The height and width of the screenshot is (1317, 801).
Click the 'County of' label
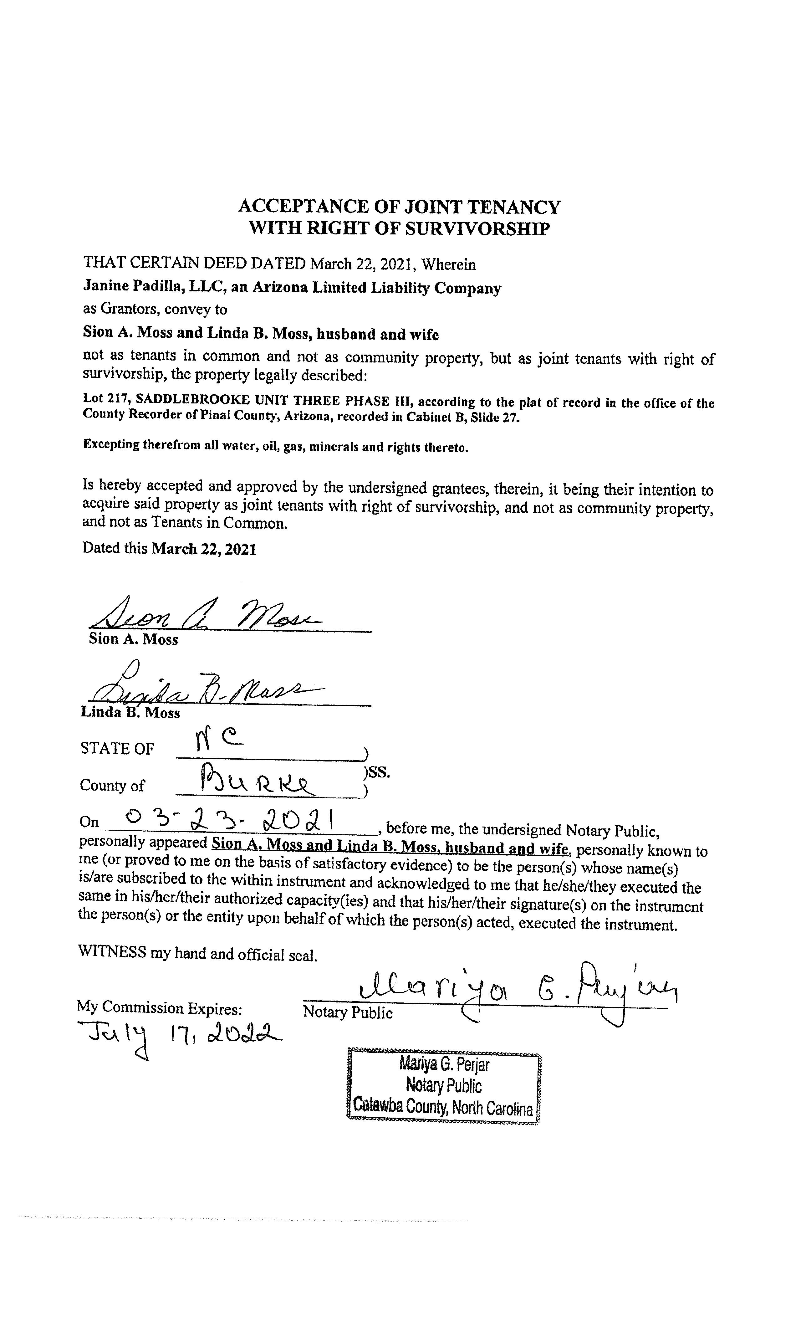(112, 785)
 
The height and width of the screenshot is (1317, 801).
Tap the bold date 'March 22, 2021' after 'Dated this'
(204, 550)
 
